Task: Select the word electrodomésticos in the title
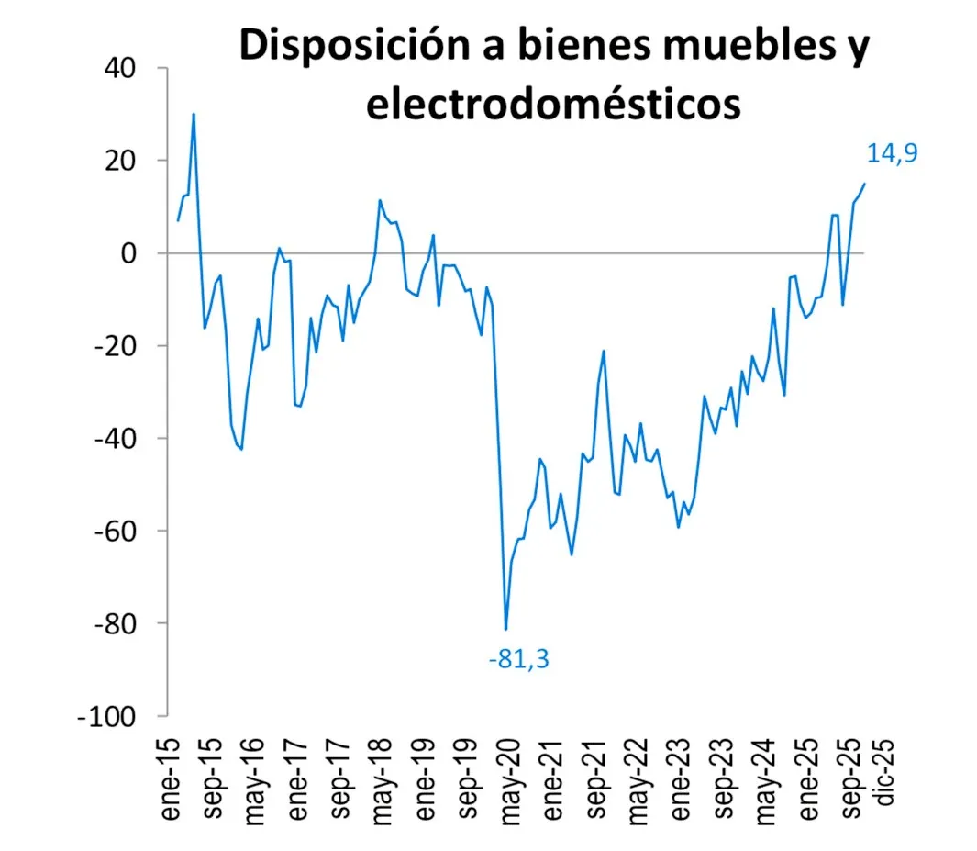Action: pyautogui.click(x=553, y=104)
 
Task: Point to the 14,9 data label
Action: pyautogui.click(x=893, y=153)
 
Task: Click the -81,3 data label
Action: pyautogui.click(x=524, y=658)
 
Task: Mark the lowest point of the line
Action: pyautogui.click(x=505, y=629)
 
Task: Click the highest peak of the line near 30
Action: pyautogui.click(x=194, y=114)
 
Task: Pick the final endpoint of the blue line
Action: pyautogui.click(x=864, y=184)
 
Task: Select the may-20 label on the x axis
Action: pyautogui.click(x=510, y=769)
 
